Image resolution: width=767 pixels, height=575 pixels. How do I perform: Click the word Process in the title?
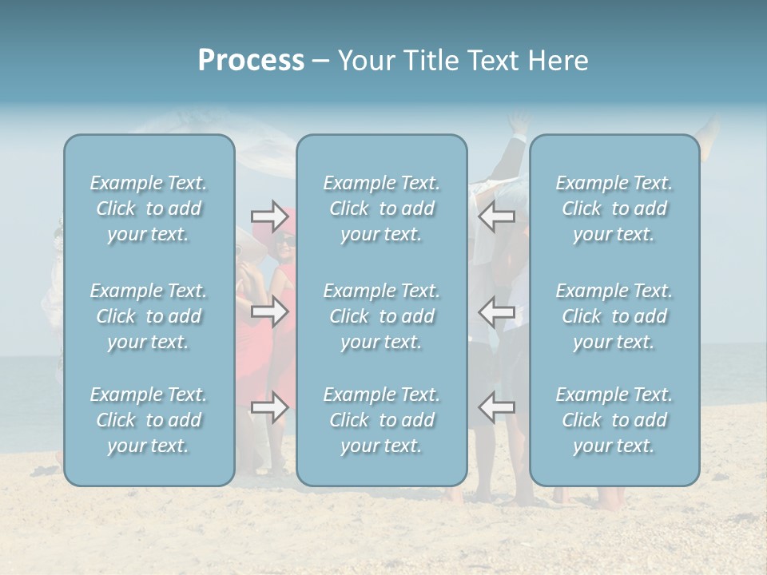[251, 61]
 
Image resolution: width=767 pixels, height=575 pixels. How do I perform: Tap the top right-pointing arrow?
[269, 216]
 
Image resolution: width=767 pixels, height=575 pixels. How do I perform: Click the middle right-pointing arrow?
[269, 311]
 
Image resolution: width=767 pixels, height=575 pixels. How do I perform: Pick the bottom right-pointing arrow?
[269, 407]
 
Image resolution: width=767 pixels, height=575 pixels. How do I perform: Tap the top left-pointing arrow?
[496, 216]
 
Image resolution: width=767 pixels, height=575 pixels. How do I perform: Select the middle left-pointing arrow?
[496, 311]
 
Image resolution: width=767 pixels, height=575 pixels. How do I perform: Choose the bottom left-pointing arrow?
[496, 407]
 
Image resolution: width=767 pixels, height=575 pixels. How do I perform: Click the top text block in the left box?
[149, 208]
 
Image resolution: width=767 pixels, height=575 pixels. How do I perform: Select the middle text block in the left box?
[149, 316]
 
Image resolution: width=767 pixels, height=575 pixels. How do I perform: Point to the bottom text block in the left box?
[149, 420]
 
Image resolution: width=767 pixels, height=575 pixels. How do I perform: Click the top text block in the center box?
[381, 208]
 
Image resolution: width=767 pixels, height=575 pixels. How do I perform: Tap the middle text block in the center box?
[381, 316]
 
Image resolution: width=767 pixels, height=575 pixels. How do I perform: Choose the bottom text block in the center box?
[381, 420]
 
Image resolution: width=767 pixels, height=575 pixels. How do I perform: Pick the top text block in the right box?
[614, 208]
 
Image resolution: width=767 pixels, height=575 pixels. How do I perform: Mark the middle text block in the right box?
[614, 316]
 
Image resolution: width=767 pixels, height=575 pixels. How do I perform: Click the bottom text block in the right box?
[614, 420]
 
